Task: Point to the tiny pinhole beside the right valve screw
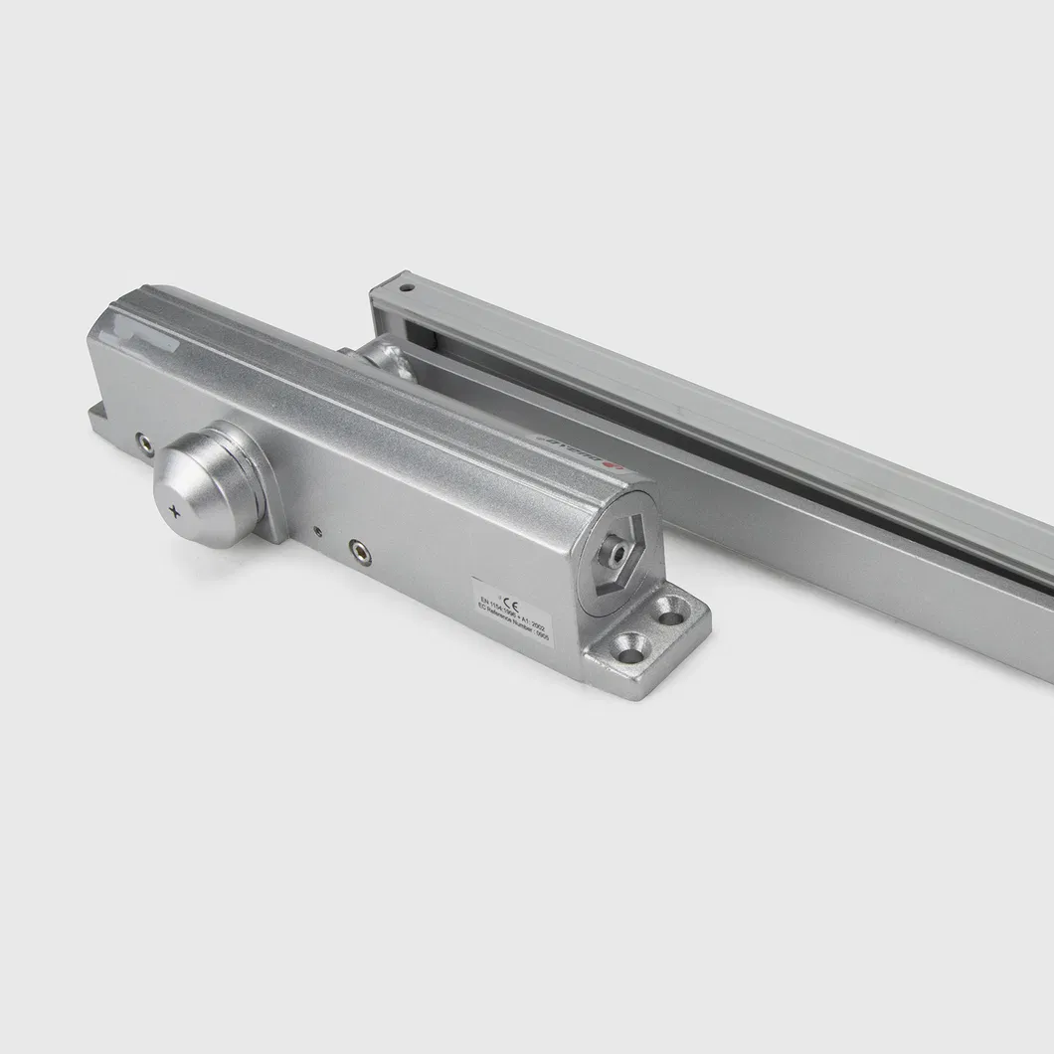[318, 531]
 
